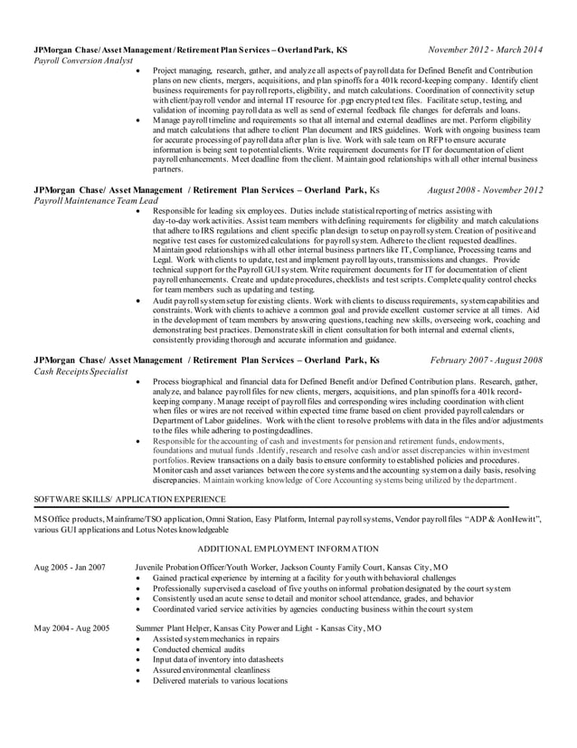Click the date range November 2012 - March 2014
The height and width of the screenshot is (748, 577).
click(486, 50)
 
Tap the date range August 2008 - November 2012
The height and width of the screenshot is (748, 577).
click(485, 190)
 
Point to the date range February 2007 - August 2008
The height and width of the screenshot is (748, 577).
click(487, 360)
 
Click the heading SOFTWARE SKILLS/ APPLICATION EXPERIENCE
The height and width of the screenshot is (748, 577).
click(129, 499)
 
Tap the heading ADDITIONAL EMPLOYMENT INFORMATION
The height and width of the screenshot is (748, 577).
click(288, 549)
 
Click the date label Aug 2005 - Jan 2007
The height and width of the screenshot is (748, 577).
click(69, 567)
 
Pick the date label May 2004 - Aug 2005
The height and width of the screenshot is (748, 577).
click(71, 627)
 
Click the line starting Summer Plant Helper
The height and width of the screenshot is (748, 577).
click(258, 627)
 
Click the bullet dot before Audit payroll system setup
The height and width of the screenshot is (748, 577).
click(137, 299)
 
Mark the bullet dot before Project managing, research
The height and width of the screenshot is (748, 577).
click(137, 70)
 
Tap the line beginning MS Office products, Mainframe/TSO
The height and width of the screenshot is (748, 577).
click(287, 519)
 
